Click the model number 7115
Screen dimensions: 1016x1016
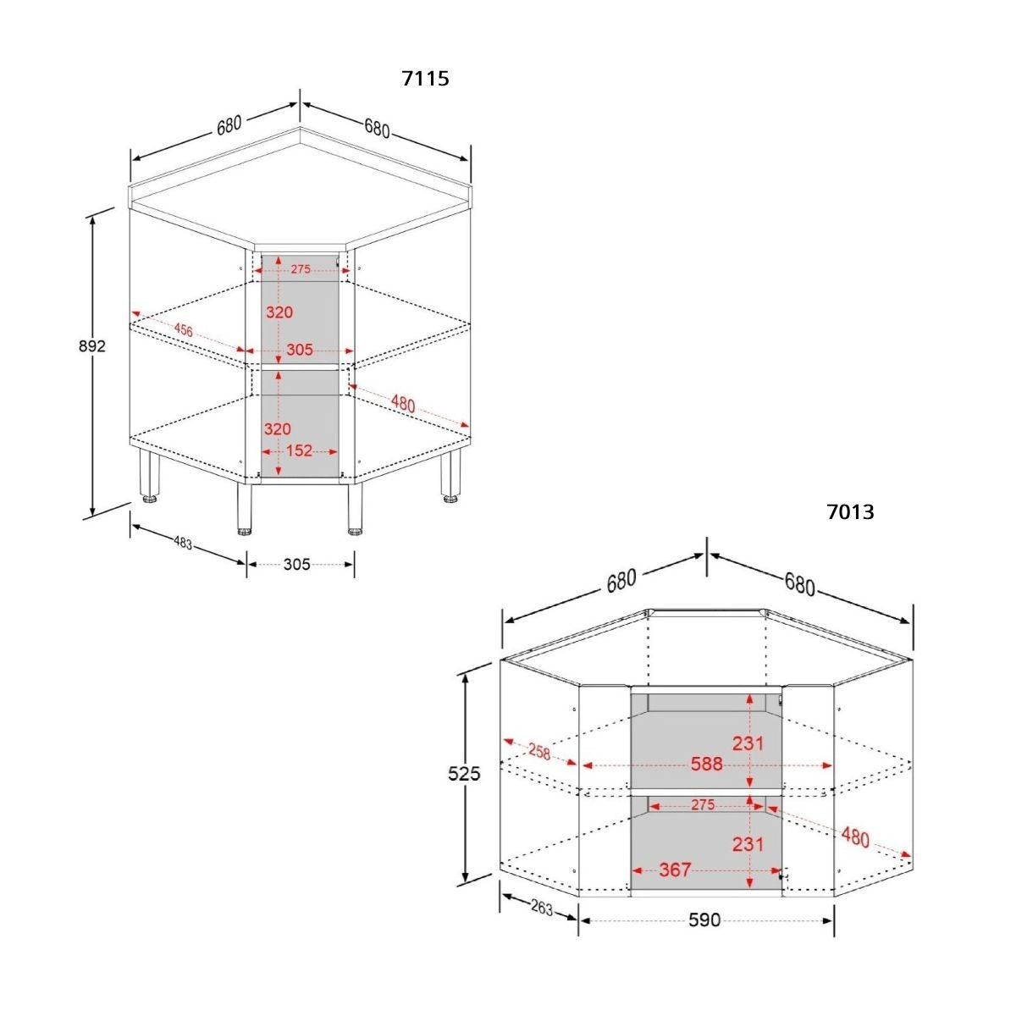point(425,78)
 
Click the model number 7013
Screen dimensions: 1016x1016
point(850,512)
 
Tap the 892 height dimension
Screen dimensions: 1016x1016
point(92,346)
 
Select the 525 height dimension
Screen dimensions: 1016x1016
point(464,774)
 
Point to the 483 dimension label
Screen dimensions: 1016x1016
point(183,543)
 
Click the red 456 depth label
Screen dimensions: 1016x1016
point(184,330)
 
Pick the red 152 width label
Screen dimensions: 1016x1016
point(299,450)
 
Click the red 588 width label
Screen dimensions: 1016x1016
point(706,764)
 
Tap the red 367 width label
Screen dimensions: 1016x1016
point(675,870)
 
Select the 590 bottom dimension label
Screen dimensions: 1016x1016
point(704,920)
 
